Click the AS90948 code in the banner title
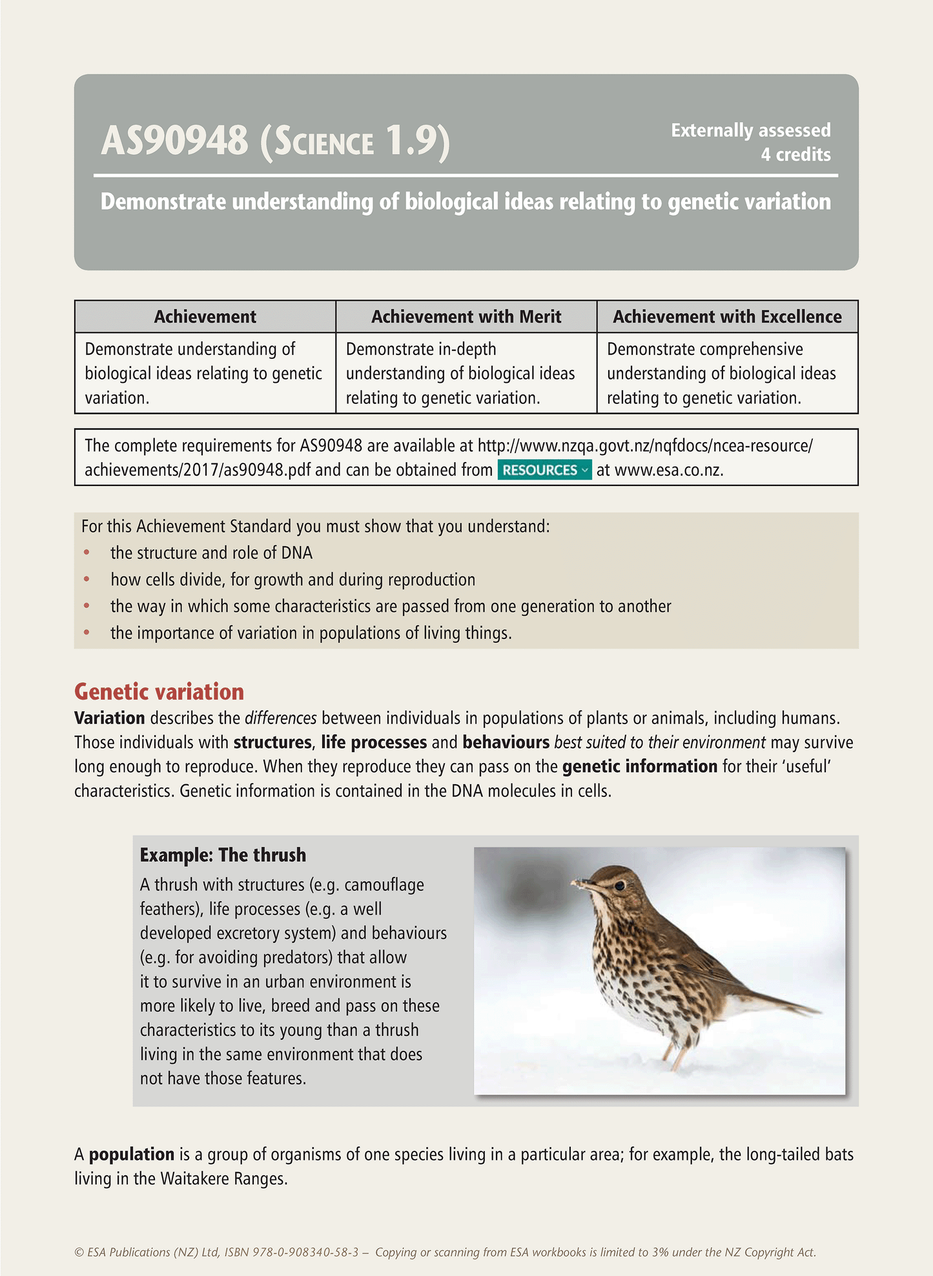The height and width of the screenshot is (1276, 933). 174,141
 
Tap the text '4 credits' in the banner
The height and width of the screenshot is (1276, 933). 795,155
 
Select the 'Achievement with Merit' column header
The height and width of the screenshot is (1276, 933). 466,317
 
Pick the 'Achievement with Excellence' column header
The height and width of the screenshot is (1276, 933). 727,317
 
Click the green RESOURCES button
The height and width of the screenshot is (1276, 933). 544,470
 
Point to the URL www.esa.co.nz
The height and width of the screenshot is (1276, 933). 668,470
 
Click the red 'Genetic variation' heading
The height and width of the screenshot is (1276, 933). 159,692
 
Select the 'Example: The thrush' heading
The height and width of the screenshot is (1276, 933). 223,855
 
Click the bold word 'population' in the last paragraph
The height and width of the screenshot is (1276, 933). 132,1155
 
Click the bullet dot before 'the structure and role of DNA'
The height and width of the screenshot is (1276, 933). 87,553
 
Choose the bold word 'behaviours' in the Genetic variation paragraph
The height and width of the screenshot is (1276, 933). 506,742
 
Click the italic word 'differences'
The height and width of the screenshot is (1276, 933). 281,718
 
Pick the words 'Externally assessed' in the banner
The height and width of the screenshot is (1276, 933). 750,130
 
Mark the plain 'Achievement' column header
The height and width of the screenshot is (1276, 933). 205,317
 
